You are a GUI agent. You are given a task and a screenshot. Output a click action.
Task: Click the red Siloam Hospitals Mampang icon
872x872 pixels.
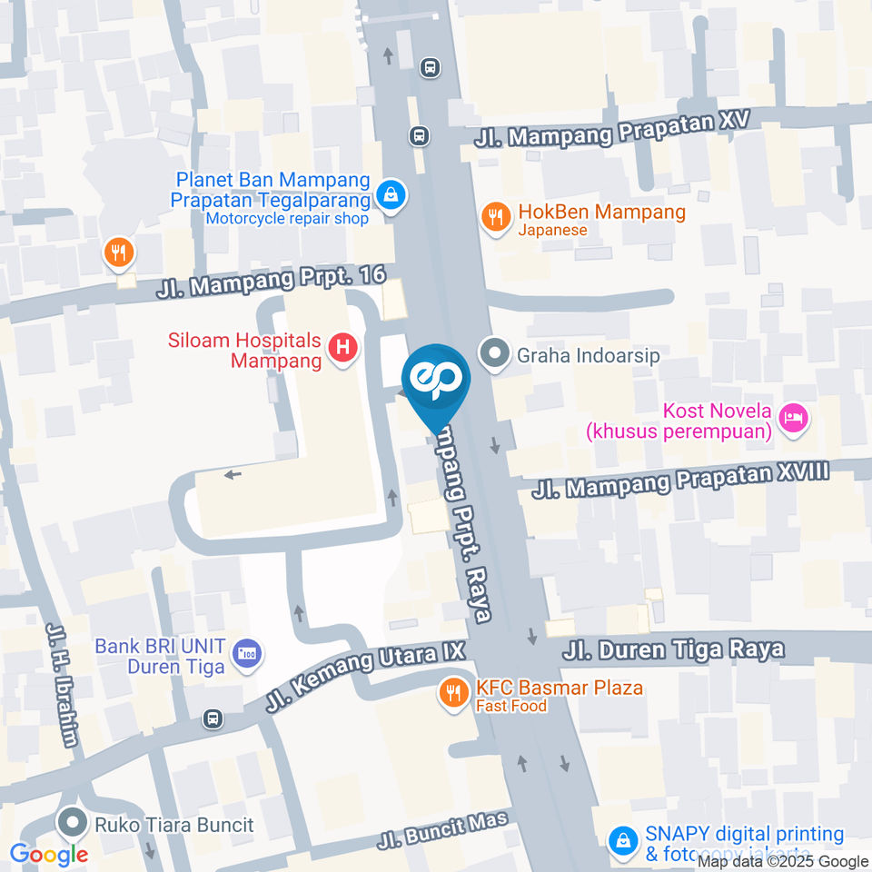tap(342, 346)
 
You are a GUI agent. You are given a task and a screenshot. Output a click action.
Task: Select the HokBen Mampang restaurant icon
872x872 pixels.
tap(495, 217)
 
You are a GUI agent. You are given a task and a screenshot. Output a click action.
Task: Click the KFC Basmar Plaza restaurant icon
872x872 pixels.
tap(451, 694)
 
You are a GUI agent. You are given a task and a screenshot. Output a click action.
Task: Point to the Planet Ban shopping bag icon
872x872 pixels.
tap(391, 193)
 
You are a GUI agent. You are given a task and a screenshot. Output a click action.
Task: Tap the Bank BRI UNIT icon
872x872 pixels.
tap(245, 652)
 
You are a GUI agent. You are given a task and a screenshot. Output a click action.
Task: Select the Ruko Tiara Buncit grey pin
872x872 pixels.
tap(71, 824)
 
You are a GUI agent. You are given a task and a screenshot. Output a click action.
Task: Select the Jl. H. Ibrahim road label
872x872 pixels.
tap(62, 685)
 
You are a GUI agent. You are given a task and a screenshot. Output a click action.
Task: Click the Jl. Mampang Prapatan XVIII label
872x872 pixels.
tap(681, 480)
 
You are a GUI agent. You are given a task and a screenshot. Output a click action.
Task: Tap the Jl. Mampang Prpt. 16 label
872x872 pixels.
tap(271, 282)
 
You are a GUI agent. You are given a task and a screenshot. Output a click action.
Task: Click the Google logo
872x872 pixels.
tap(48, 854)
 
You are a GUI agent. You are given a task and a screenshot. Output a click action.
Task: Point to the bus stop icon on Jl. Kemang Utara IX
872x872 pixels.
tap(213, 718)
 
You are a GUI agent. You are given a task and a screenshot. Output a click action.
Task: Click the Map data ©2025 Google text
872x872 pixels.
tap(783, 862)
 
